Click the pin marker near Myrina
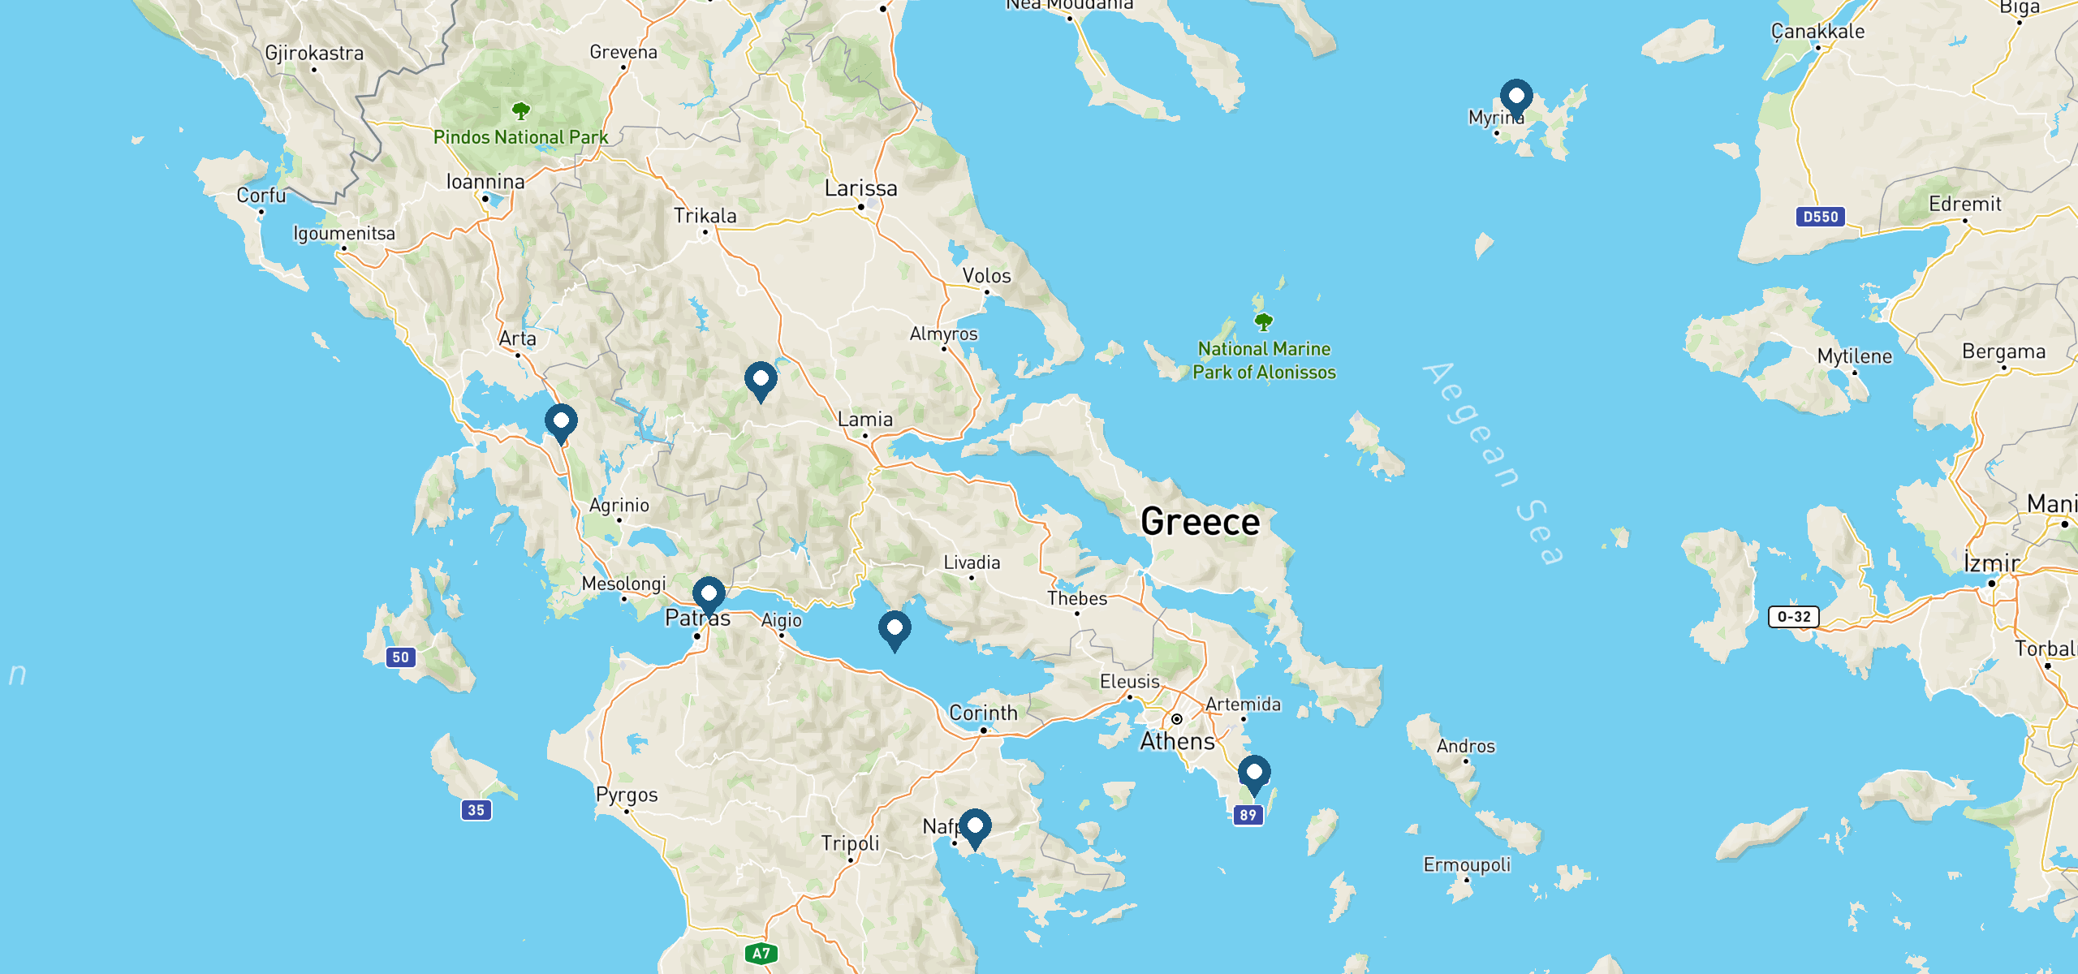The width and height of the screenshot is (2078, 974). coord(1515,97)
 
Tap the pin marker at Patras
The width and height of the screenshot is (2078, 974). coord(709,595)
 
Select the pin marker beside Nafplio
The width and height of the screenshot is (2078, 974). coord(975,827)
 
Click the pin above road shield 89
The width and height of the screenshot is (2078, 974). coord(1254,774)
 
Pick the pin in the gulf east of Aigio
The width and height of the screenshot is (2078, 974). coord(895,630)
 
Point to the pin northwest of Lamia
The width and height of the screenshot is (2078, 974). coord(761,380)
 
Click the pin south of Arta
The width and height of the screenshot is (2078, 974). coord(561,422)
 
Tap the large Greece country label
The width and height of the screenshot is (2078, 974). coord(1200,522)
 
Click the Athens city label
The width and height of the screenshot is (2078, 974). coord(1177,741)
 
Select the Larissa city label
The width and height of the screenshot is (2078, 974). coord(861,188)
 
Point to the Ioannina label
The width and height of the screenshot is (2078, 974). coord(485,182)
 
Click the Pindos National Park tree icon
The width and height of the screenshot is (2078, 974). coord(521,110)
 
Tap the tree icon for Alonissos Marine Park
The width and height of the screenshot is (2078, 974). coord(1264,322)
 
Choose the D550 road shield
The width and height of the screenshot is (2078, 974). coord(1820,217)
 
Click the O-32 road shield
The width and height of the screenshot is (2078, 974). coord(1794,617)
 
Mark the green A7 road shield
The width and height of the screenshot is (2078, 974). coord(761,954)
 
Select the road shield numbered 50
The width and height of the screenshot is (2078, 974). coord(401,657)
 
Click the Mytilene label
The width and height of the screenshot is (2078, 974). coord(1854,356)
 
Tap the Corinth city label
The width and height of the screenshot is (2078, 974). coord(983,713)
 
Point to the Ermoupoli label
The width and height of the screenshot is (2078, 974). coord(1467,864)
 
